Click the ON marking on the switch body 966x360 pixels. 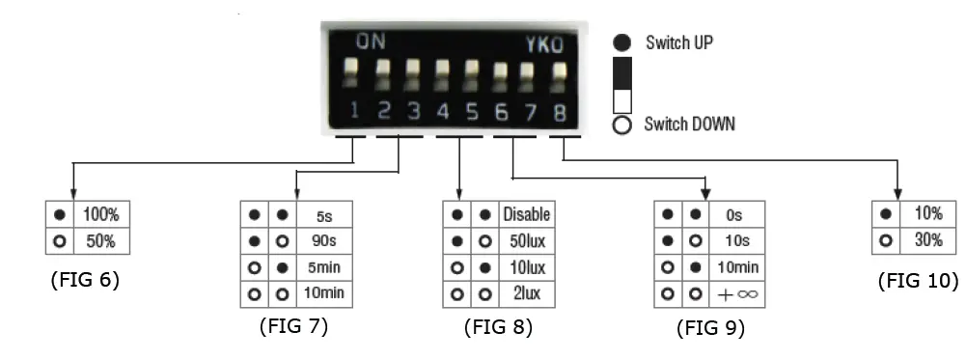point(370,43)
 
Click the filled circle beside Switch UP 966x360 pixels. point(622,43)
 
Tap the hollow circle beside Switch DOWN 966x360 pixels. point(622,125)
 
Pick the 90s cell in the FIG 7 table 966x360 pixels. point(322,240)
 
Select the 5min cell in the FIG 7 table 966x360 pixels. point(322,266)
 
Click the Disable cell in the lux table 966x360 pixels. point(525,214)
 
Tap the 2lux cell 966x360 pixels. point(525,292)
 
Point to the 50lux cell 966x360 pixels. point(525,240)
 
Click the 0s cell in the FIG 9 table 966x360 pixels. point(736,214)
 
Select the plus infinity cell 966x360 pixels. point(736,293)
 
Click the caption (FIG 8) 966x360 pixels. point(498,326)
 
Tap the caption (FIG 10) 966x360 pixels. point(918,281)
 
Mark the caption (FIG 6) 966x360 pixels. point(84,280)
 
